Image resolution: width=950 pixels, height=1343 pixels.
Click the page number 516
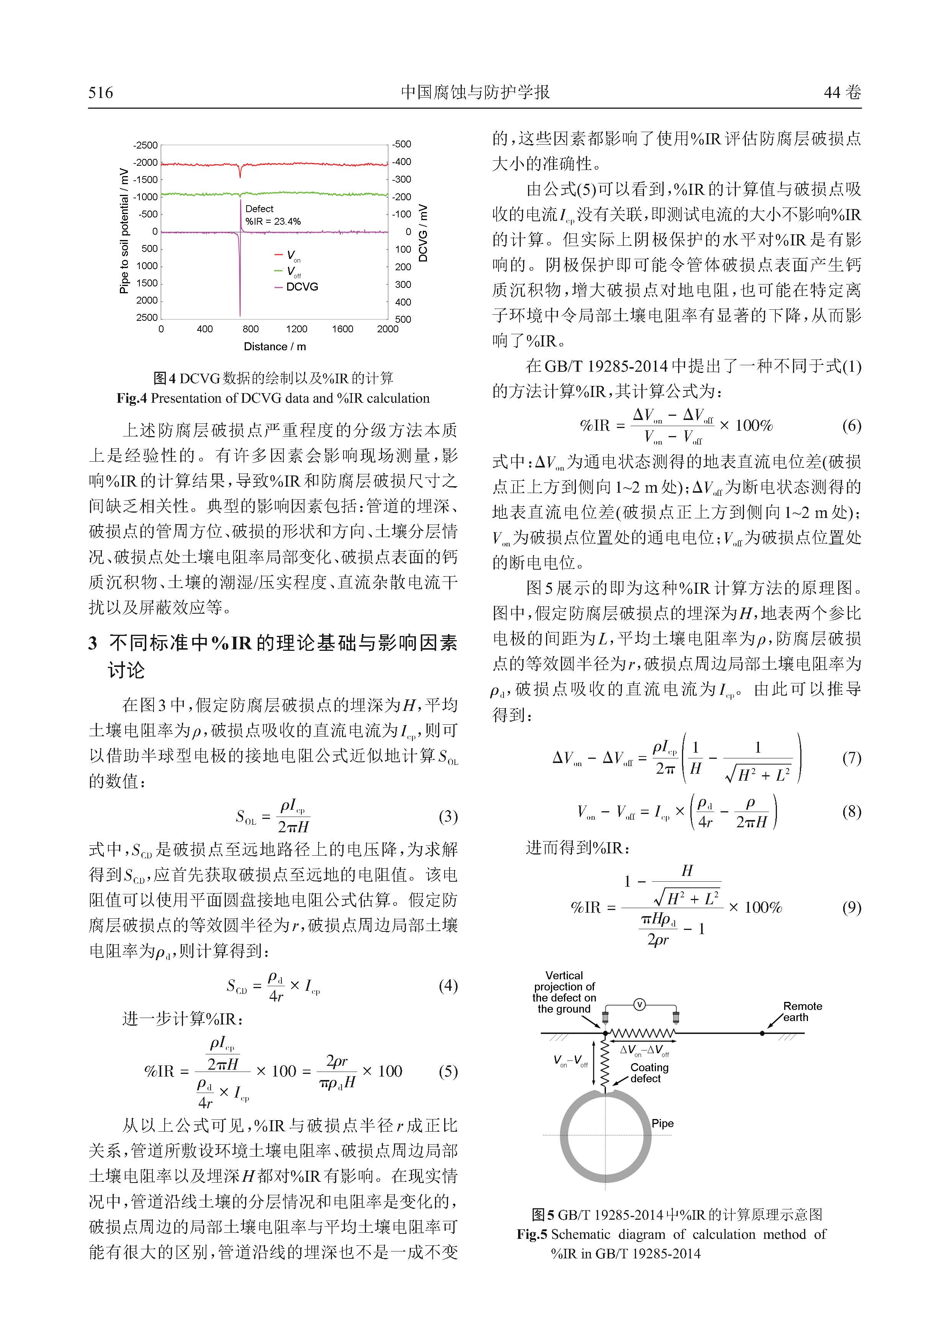[101, 92]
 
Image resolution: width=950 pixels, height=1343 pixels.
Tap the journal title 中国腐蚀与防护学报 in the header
[475, 92]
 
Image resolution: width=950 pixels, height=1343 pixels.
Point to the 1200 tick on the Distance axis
[297, 329]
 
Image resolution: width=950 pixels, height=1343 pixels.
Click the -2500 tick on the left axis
[146, 145]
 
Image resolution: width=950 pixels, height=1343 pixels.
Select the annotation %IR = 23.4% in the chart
[273, 222]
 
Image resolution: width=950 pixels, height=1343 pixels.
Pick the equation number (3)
[448, 817]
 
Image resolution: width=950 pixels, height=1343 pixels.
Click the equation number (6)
[851, 425]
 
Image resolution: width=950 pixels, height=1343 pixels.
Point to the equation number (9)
[851, 907]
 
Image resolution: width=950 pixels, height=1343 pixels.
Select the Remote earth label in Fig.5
[802, 1012]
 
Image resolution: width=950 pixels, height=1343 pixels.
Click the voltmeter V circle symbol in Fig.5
[639, 1005]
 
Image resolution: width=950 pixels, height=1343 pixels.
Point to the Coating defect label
[649, 1073]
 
